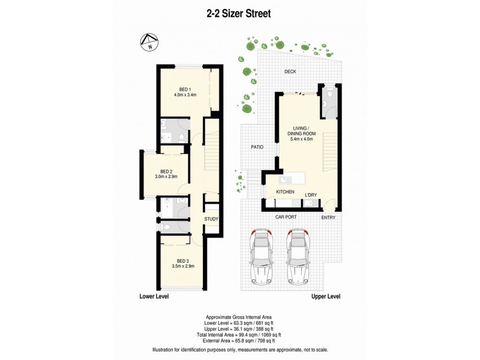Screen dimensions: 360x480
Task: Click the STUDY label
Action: click(x=211, y=219)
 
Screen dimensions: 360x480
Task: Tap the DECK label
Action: click(x=290, y=72)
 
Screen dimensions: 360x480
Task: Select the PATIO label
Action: click(x=258, y=147)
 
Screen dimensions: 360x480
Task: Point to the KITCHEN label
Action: click(x=284, y=191)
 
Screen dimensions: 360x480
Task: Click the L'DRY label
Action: click(x=311, y=195)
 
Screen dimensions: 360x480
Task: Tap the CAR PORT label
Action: click(x=287, y=217)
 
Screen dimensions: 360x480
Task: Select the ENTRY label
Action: click(x=328, y=217)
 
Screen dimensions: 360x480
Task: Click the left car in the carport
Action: click(x=262, y=254)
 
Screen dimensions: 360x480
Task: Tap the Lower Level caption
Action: click(x=154, y=297)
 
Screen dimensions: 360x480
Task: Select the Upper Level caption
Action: click(x=326, y=297)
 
